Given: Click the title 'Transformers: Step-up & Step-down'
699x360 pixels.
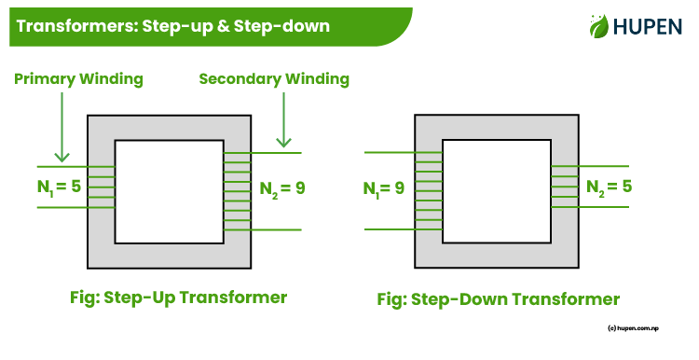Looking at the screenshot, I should coord(173,26).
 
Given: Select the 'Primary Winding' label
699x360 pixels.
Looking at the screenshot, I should coord(79,79).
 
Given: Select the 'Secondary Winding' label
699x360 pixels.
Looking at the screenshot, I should coord(274,79).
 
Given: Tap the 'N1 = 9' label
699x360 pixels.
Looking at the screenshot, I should coord(383,188).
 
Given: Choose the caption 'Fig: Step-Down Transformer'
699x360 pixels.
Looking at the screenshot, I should coord(498,299).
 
